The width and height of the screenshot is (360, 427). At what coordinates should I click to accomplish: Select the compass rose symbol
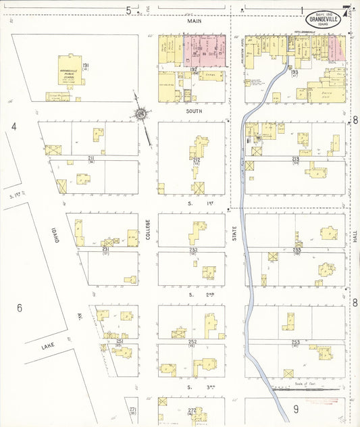(x=141, y=115)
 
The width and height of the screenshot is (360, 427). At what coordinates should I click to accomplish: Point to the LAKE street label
(x=47, y=346)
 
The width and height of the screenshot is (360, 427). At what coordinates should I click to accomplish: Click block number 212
(x=197, y=159)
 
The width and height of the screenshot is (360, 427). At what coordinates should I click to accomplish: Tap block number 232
(x=193, y=250)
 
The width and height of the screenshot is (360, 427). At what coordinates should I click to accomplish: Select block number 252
(x=192, y=342)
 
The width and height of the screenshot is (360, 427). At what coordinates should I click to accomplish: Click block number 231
(x=106, y=249)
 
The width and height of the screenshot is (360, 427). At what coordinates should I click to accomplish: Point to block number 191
(x=86, y=66)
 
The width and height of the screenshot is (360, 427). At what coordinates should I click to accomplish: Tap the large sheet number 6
(x=20, y=308)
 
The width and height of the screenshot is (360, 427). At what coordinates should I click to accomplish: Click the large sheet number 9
(x=295, y=409)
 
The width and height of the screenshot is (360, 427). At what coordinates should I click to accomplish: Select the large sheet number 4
(x=14, y=126)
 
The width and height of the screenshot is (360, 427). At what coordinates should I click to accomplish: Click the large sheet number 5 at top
(x=128, y=9)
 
